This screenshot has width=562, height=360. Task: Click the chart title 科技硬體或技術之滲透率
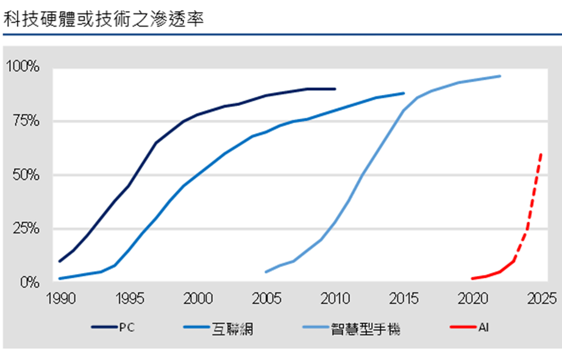coord(104,19)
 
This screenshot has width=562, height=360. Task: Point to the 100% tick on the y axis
coord(22,66)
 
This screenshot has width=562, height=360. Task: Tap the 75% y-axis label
coord(26,121)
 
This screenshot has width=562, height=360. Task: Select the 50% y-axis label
coord(26,175)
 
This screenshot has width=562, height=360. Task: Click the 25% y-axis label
coord(26,228)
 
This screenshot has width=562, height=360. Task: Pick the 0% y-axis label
coord(30,282)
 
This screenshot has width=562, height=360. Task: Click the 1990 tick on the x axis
coord(61,298)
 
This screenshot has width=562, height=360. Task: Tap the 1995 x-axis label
coord(129,298)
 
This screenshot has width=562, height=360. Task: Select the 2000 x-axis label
coord(198,298)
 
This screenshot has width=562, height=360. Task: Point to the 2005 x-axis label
coord(266,298)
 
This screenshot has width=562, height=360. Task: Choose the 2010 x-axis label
coord(335,298)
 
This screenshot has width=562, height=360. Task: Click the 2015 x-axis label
coord(404,298)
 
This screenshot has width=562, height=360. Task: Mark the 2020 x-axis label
coord(473,298)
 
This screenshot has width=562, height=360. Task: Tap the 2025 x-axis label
coord(541,298)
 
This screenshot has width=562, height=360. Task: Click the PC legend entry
coord(113,327)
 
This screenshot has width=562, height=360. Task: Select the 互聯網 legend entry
coord(218,328)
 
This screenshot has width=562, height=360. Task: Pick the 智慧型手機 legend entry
coord(352,328)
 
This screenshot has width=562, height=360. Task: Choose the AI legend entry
coord(469,327)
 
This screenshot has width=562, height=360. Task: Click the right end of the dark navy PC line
coord(335,89)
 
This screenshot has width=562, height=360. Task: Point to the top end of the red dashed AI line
coord(541,154)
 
